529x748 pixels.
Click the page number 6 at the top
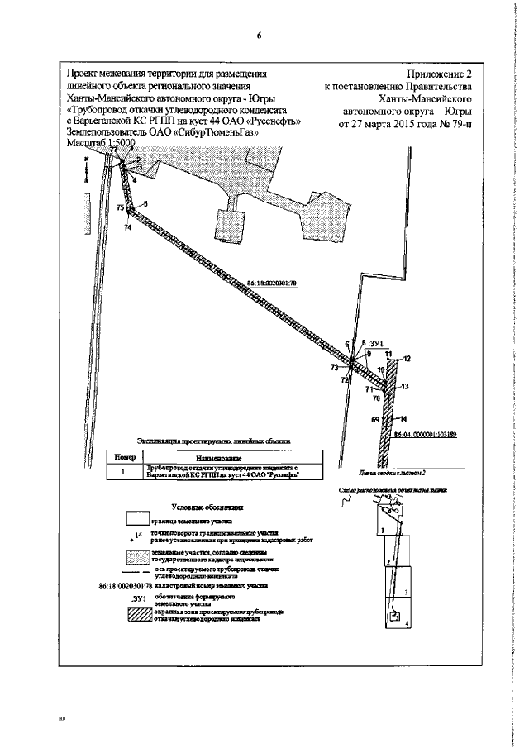259,36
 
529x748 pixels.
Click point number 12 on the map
407,359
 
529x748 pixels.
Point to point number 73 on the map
334,367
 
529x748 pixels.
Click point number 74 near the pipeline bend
127,226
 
